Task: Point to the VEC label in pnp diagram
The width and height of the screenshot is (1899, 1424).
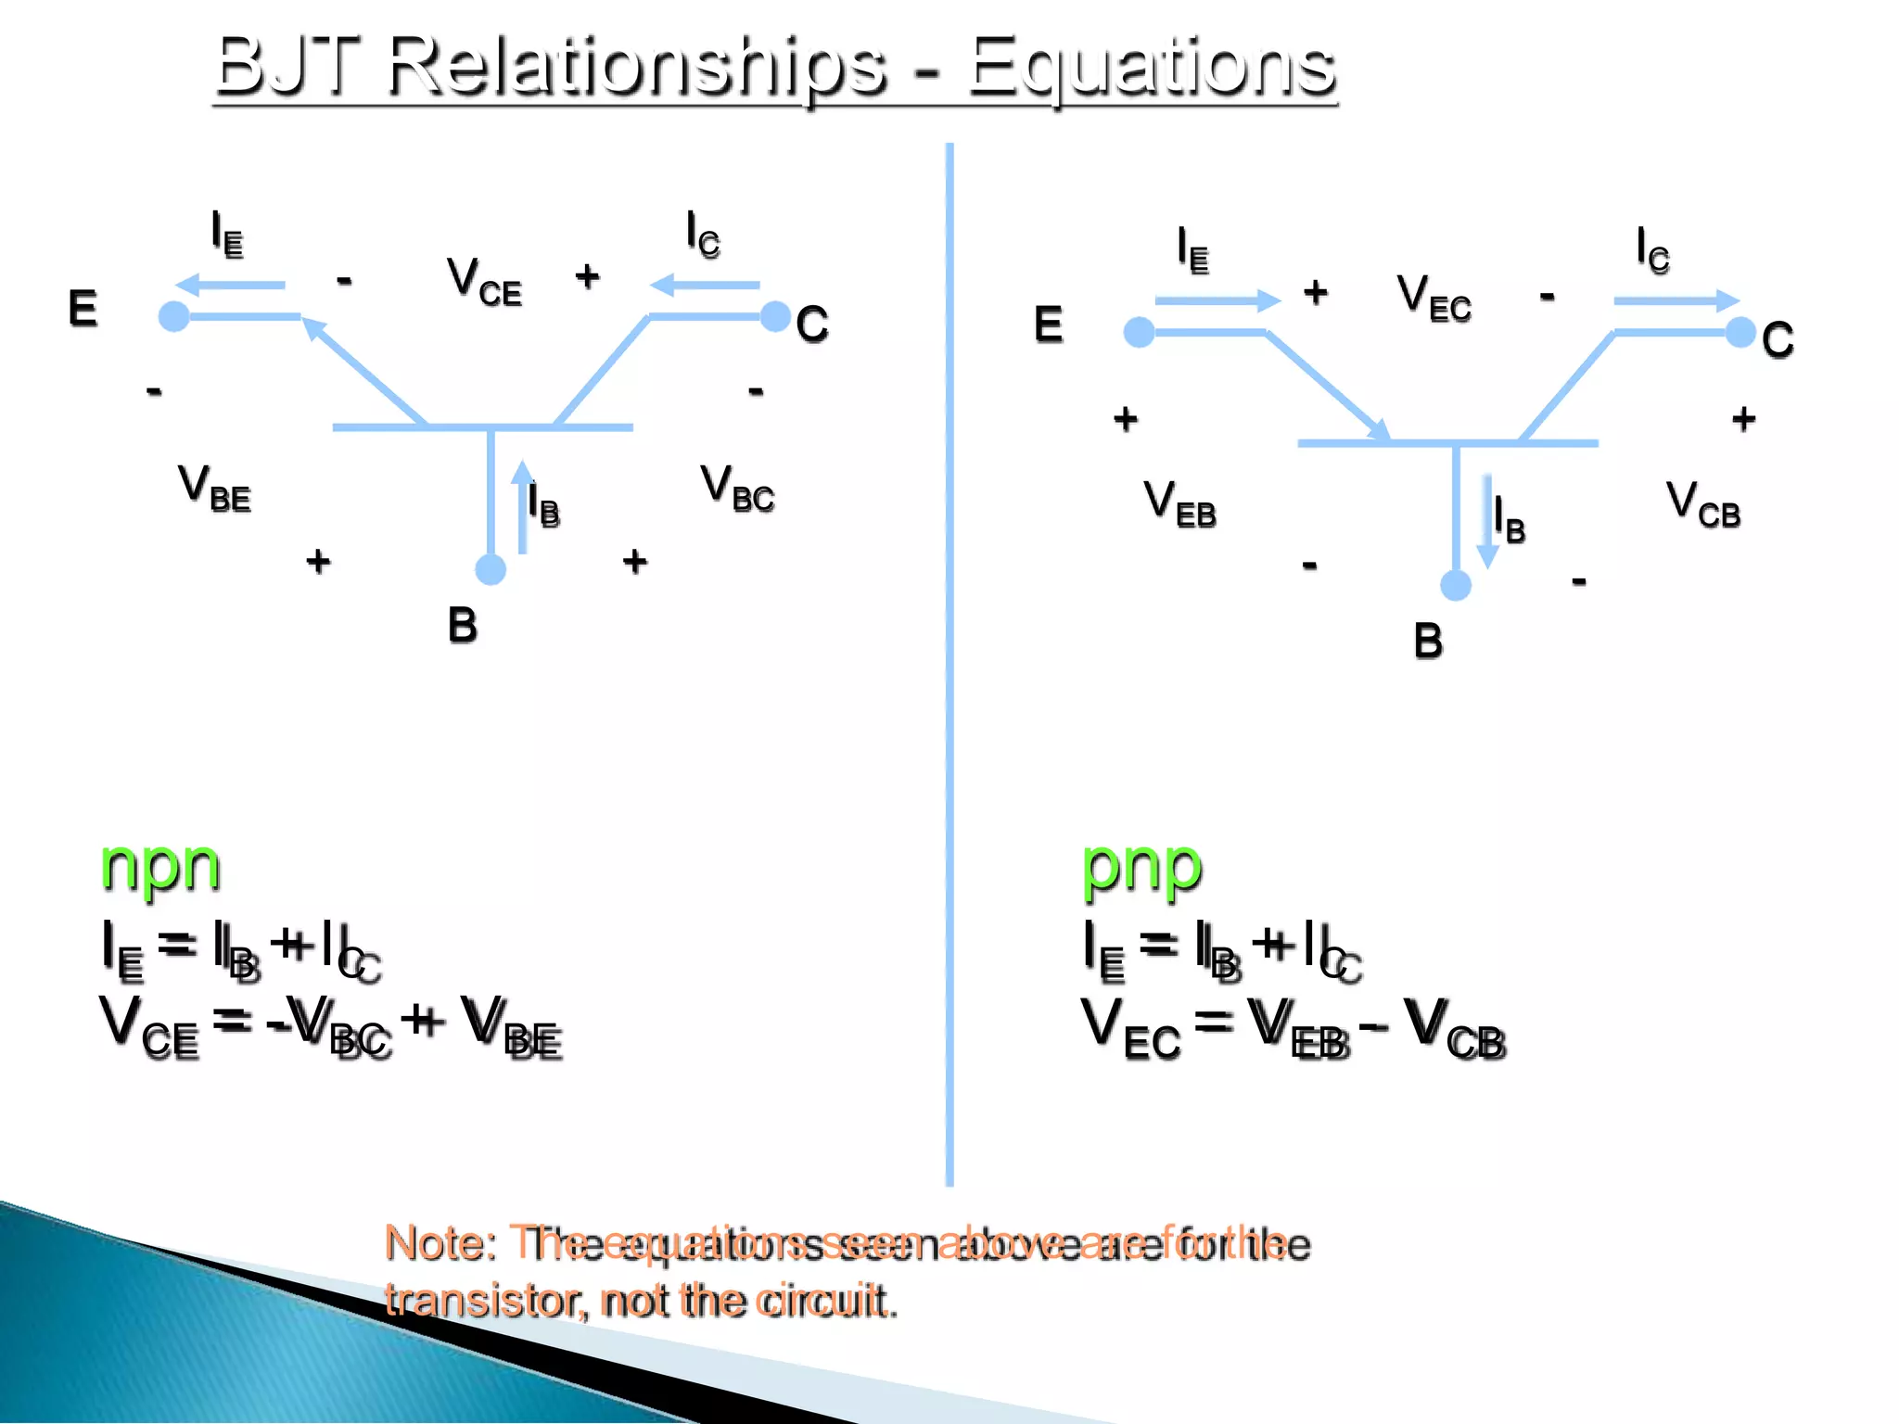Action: pos(1434,298)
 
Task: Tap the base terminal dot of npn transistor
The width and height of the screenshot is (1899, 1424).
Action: pos(491,569)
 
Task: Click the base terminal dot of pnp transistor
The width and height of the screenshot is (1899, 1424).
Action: pos(1456,585)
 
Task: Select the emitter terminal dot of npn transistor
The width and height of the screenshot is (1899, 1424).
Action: pos(173,316)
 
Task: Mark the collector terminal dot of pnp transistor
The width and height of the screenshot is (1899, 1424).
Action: pos(1740,332)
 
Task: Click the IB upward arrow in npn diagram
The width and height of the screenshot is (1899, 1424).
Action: pos(523,506)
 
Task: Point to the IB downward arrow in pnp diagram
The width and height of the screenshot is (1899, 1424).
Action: pos(1487,522)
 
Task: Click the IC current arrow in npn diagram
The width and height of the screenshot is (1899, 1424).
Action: pos(705,285)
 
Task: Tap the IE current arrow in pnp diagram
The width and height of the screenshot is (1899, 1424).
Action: pos(1217,300)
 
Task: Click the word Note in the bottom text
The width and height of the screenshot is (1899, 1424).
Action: pos(440,1243)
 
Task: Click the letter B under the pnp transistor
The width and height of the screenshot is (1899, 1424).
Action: pos(1428,641)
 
